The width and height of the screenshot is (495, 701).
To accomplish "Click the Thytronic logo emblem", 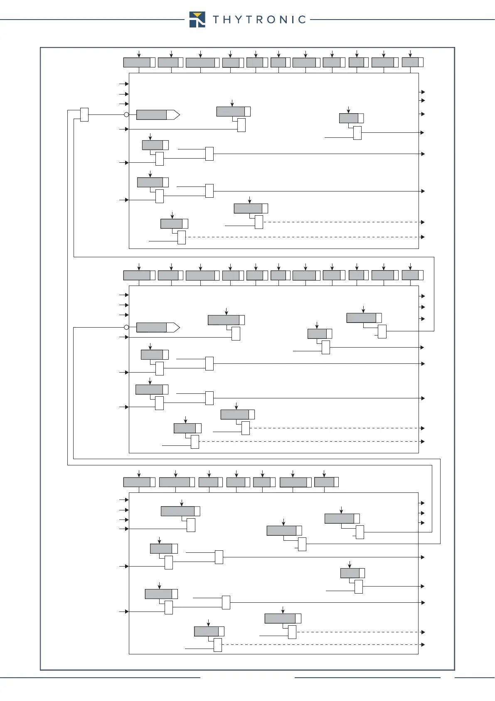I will (x=197, y=20).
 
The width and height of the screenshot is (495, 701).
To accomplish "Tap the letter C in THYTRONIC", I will (x=302, y=20).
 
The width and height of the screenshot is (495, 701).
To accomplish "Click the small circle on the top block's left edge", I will (x=127, y=114).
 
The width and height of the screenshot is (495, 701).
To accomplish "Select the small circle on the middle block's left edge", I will (x=127, y=327).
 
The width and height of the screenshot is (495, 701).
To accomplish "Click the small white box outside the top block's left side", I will (x=84, y=114).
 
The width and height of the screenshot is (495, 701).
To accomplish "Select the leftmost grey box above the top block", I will (x=137, y=62).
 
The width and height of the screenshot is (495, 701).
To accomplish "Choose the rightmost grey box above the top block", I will (x=411, y=62).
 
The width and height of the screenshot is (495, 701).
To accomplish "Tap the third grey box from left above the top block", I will (x=200, y=62).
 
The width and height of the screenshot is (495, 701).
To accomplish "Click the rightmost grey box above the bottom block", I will (x=324, y=482).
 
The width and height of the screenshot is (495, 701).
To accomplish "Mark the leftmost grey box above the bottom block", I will (x=137, y=482).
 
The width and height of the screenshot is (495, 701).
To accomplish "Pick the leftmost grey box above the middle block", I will (x=137, y=275).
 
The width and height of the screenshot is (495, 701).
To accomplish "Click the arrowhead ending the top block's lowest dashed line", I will (x=423, y=237).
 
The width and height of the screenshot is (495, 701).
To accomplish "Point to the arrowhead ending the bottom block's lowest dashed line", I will (x=423, y=644).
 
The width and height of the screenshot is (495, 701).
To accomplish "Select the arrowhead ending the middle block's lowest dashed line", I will (x=423, y=441).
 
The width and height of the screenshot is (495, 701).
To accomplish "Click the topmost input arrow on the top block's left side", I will (x=127, y=84).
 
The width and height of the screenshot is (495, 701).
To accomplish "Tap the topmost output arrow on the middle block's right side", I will (x=423, y=296).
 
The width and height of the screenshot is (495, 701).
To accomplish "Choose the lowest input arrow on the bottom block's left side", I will (x=127, y=612).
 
